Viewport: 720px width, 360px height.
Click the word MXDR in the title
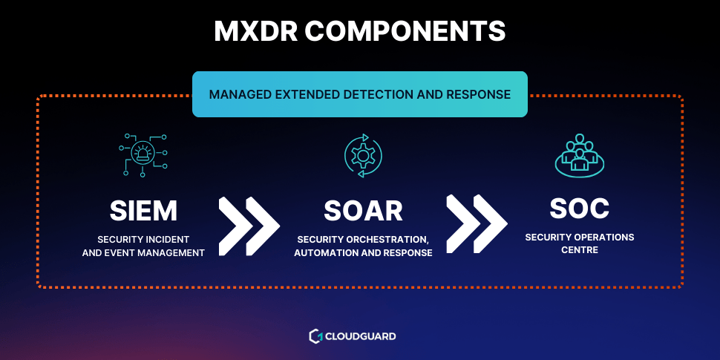[x=255, y=31]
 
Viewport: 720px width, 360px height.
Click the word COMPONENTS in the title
[x=405, y=31]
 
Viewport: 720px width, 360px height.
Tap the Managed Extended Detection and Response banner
[x=359, y=94]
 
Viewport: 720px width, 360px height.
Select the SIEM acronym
[x=143, y=211]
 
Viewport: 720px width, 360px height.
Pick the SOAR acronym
[x=363, y=211]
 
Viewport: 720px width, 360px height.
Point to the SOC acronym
[x=579, y=209]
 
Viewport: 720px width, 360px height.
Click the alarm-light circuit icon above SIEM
[x=143, y=154]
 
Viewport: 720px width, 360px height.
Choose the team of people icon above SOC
[x=579, y=154]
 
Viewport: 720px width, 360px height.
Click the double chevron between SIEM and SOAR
[x=249, y=226]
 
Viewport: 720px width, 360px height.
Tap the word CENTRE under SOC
[x=580, y=250]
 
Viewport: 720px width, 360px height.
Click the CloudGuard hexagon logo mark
[x=315, y=336]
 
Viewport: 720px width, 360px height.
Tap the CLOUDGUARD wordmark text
[x=361, y=336]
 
